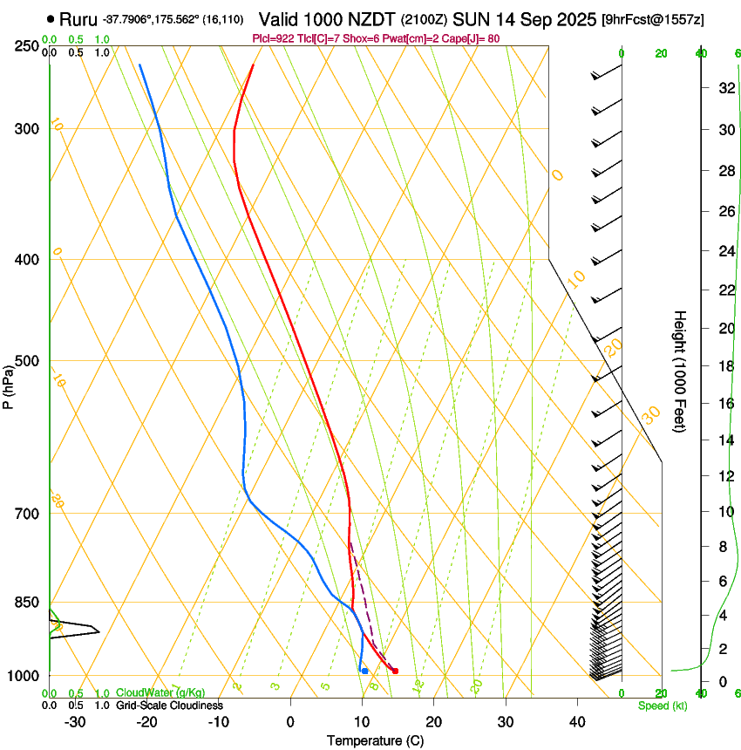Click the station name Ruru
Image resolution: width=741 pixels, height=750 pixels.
78,19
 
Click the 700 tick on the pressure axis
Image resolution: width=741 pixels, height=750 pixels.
26,514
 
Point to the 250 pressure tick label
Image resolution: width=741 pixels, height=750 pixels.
26,46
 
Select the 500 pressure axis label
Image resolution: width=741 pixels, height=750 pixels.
26,361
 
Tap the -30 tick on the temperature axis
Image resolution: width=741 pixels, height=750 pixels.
75,722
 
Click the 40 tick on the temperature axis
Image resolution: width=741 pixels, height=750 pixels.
577,722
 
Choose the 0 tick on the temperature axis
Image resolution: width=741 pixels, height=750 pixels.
290,722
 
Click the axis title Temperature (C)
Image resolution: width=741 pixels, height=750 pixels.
375,740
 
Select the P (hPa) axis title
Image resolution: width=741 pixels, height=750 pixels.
9,385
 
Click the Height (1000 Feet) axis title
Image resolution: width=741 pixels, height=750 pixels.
680,372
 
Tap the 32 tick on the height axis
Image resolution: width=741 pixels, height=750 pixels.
724,88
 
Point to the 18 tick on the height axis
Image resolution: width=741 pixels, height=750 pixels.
724,366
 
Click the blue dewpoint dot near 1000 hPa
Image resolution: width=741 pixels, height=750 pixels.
364,671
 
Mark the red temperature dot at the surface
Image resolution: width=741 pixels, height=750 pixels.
395,671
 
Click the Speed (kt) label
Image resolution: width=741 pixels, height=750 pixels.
663,706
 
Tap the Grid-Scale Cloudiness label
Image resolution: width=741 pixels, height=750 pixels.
169,706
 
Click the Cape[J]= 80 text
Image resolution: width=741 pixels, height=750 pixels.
476,38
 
